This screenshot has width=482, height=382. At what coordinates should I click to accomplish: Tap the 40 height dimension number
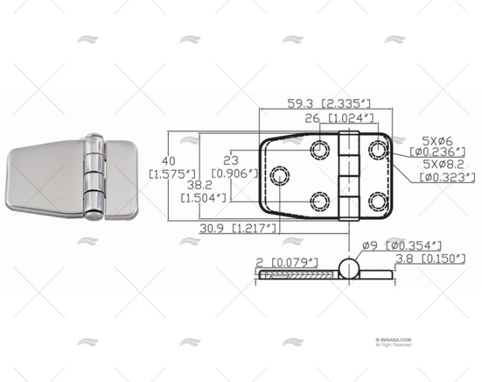pyautogui.click(x=169, y=161)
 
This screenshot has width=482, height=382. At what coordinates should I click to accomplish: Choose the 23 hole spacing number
pyautogui.click(x=232, y=161)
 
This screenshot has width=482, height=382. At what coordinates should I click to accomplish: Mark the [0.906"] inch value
pyautogui.click(x=235, y=173)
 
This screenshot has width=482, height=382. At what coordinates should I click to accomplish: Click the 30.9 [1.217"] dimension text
pyautogui.click(x=238, y=228)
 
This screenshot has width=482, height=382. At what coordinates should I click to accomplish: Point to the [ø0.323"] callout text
pyautogui.click(x=442, y=176)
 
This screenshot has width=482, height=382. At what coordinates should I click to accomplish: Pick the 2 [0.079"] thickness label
pyautogui.click(x=288, y=261)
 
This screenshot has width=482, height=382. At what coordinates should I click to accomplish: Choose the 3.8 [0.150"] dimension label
pyautogui.click(x=430, y=258)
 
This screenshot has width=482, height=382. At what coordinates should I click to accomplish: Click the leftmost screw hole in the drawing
pyautogui.click(x=280, y=175)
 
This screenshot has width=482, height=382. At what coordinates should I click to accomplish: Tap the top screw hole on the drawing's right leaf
pyautogui.click(x=377, y=151)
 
